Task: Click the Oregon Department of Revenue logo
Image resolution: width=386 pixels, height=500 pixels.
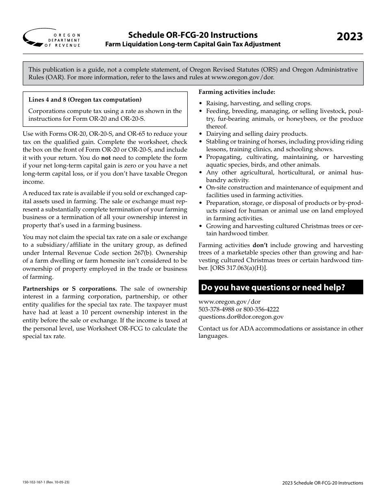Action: (52, 39)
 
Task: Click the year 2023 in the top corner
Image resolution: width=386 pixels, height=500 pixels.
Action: (349, 36)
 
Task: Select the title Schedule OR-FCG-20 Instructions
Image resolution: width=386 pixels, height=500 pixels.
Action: (193, 35)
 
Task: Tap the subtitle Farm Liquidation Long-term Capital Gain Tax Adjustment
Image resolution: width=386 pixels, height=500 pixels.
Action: (193, 44)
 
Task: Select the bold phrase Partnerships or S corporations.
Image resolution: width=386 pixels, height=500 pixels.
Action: (69, 289)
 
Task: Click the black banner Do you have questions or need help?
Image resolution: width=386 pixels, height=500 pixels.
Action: (281, 287)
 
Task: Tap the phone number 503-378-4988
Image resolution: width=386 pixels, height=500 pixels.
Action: (215, 309)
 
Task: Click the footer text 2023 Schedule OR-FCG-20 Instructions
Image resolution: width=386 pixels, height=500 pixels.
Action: (323, 483)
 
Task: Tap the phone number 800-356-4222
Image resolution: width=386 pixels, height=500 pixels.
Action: (261, 309)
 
